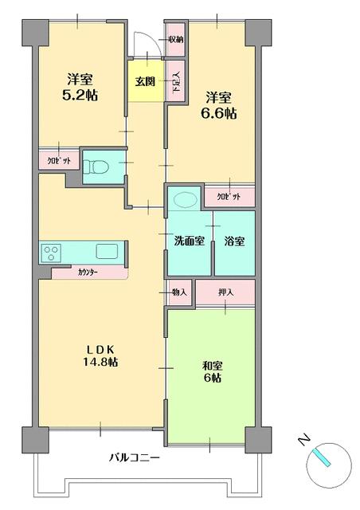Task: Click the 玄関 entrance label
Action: click(145, 80)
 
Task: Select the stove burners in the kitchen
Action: click(52, 253)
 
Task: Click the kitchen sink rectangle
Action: click(107, 252)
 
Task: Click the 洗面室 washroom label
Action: click(189, 240)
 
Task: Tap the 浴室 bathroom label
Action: click(233, 240)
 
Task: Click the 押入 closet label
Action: click(226, 292)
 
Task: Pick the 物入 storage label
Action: click(179, 292)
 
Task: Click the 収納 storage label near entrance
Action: click(176, 39)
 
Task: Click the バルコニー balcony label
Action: click(135, 458)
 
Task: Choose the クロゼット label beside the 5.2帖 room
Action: click(59, 159)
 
